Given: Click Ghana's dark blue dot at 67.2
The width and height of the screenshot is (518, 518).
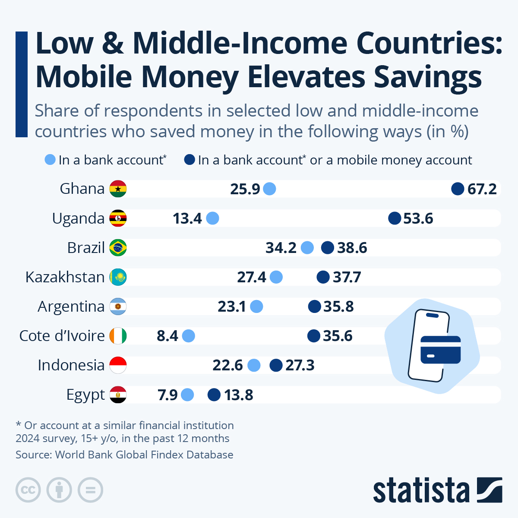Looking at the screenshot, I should (x=458, y=189).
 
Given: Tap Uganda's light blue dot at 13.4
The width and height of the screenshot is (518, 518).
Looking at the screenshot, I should (x=212, y=218).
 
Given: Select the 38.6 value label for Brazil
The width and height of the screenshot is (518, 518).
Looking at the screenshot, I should (x=352, y=248).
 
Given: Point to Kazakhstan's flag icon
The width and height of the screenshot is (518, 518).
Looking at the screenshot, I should (x=118, y=277).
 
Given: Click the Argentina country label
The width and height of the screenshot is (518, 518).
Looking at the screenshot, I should (x=71, y=306).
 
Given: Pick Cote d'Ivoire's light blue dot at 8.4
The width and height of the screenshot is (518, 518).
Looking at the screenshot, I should (x=188, y=336).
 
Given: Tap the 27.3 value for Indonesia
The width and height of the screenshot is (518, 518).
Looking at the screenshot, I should (x=300, y=365).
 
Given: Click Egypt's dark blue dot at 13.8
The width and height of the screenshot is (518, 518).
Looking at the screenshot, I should (x=214, y=395).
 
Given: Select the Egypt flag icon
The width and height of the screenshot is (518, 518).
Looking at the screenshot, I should (x=118, y=395).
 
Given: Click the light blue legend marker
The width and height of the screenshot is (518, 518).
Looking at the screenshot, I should (x=51, y=160).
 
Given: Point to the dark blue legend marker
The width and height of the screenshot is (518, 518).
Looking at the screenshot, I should (x=190, y=160).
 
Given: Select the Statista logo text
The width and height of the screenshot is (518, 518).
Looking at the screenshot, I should (x=421, y=491).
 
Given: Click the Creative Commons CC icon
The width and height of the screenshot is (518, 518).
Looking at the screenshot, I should (x=28, y=490).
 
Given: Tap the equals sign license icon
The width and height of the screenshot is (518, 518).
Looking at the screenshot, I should (x=90, y=490).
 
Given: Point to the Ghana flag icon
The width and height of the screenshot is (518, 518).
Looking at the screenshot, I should (x=118, y=189).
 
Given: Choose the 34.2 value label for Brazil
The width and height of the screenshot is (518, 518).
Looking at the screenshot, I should (x=281, y=248).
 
